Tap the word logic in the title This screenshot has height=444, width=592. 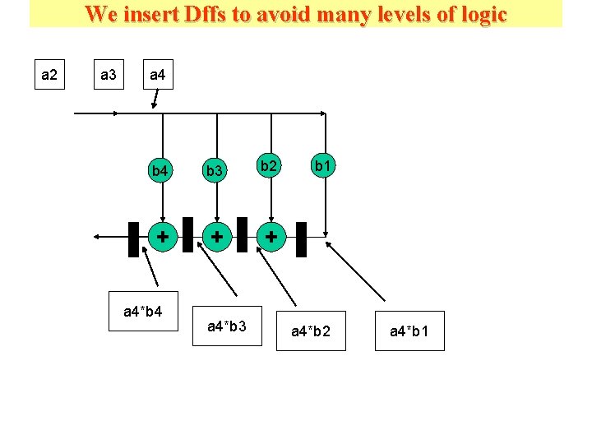click(x=477, y=14)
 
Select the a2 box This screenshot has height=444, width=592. click(x=49, y=76)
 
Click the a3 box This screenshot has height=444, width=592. click(x=108, y=76)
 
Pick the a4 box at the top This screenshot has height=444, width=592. click(x=157, y=76)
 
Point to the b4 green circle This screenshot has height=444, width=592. click(x=160, y=171)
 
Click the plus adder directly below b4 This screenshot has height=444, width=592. click(x=163, y=237)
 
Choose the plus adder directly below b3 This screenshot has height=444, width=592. click(x=216, y=237)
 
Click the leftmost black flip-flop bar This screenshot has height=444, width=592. click(x=133, y=238)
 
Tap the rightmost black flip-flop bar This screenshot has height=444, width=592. click(x=301, y=238)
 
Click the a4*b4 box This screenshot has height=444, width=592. click(x=144, y=312)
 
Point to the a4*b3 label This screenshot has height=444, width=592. click(x=226, y=326)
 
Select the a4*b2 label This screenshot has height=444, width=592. click(x=311, y=331)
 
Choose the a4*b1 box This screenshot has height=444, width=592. click(x=409, y=331)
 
